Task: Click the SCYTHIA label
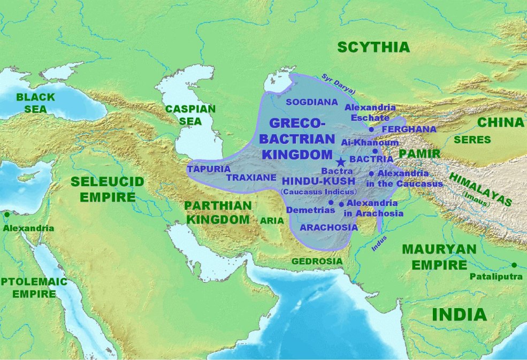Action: tap(373, 47)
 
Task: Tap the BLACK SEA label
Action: tap(35, 103)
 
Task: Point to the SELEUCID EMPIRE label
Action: tap(108, 189)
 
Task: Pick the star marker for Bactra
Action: tap(340, 162)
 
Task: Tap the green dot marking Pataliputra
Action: tap(514, 265)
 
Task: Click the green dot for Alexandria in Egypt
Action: tap(6, 215)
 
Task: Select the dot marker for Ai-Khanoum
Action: tap(375, 151)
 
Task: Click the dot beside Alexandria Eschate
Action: tap(371, 129)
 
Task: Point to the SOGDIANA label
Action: tap(312, 102)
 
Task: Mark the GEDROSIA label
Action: tap(317, 261)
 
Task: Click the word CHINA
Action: tap(500, 122)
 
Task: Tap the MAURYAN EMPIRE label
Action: tap(439, 257)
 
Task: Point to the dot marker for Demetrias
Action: tap(331, 202)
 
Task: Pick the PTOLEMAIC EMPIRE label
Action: tap(33, 287)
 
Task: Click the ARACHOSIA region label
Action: tap(329, 227)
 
